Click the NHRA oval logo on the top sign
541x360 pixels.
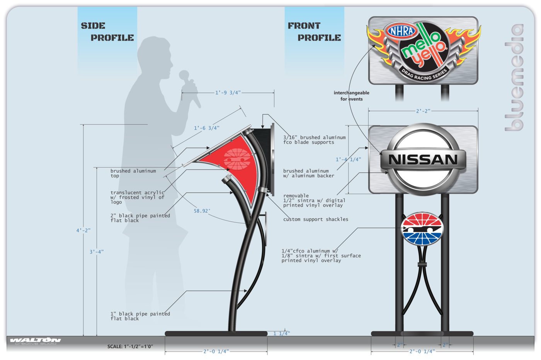tap(402, 31)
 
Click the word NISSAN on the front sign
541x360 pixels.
tap(423, 160)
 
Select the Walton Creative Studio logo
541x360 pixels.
tap(35, 341)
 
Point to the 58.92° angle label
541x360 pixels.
tap(202, 211)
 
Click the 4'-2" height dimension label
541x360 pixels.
tap(83, 230)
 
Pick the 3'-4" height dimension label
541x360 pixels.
tap(97, 252)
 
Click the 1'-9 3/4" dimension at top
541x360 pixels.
tap(228, 93)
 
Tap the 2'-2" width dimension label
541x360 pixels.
tap(423, 111)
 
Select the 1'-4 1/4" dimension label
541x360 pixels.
tap(348, 159)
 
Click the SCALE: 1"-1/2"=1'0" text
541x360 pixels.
tap(130, 346)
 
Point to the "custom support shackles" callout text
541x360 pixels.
tap(315, 219)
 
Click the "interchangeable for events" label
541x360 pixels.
tap(351, 96)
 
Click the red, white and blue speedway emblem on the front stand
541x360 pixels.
tap(422, 229)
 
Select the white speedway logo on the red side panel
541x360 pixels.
tap(237, 159)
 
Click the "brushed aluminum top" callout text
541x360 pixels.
tap(133, 173)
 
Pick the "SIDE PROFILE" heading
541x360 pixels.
tap(107, 32)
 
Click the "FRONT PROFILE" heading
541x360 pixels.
tap(314, 32)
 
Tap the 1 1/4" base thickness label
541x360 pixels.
tap(281, 333)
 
